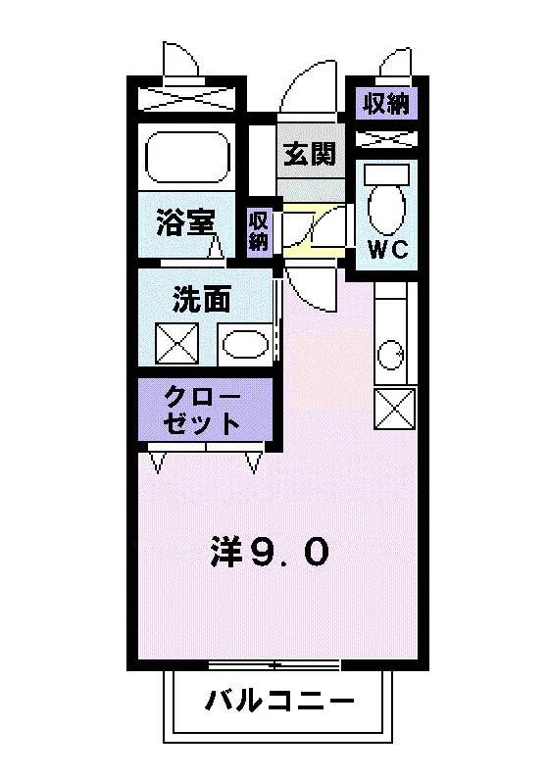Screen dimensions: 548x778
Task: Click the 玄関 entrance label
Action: point(310,153)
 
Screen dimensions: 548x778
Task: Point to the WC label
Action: point(387,249)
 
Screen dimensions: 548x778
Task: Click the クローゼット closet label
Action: point(202,410)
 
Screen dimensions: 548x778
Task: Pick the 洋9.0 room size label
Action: point(270,552)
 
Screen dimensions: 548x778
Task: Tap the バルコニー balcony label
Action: point(280,702)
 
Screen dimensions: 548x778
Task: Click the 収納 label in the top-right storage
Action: point(386,104)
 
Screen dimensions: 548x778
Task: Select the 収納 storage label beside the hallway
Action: point(259,230)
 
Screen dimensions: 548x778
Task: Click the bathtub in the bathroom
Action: point(187,157)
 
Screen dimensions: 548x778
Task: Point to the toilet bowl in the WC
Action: point(386,209)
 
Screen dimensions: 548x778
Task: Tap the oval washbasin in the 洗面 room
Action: point(245,345)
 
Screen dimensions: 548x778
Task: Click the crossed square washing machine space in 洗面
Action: point(176,343)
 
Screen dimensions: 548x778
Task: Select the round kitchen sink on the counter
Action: point(390,355)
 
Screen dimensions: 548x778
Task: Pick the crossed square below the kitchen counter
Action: point(395,409)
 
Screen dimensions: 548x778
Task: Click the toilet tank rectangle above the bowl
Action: point(386,173)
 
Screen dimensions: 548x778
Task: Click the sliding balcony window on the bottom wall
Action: point(274,664)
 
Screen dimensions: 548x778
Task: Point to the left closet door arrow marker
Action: point(157,462)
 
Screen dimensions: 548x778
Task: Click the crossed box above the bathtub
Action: point(186,99)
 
